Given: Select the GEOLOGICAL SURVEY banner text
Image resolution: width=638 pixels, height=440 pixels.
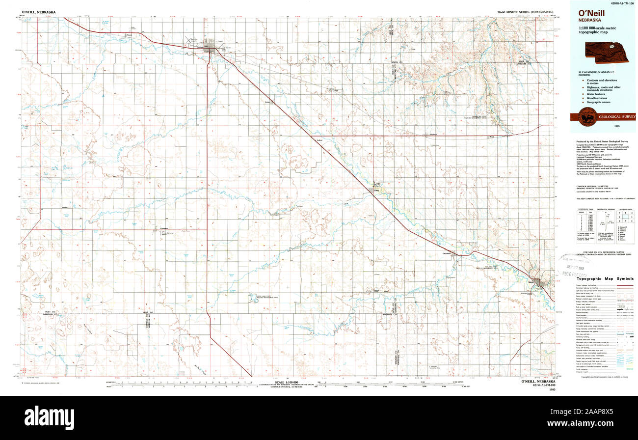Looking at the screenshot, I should coord(616,117).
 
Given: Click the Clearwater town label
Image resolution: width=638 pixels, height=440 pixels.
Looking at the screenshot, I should coord(446,253).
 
